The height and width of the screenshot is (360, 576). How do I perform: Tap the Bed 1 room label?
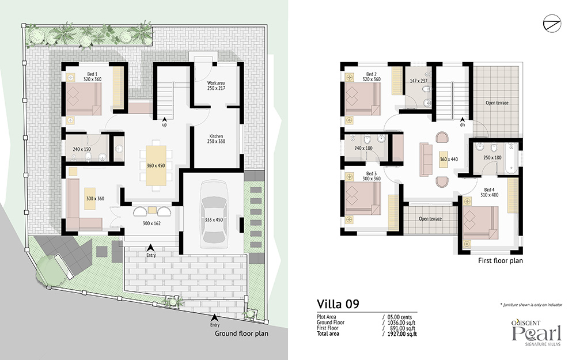92,74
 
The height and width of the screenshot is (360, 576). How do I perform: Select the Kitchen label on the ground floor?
216,137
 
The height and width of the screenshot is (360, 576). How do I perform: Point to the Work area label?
216,83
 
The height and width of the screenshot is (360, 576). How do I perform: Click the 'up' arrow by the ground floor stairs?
164,119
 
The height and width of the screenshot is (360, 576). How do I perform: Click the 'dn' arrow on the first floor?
462,119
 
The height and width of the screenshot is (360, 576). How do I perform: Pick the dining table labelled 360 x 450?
156,166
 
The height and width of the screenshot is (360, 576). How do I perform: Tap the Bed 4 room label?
489,190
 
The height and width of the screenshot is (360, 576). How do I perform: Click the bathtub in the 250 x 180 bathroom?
511,158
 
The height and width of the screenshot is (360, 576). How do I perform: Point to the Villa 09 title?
338,304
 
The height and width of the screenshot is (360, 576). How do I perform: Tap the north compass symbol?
552,24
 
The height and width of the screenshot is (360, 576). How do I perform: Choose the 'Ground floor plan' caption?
241,334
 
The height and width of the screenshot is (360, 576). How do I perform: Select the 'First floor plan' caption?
501,260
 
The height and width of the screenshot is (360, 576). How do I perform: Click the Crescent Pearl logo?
537,333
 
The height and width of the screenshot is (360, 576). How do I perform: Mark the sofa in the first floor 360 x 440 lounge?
426,160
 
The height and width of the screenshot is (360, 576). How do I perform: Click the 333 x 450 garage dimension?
214,219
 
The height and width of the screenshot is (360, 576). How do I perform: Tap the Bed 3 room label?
372,173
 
